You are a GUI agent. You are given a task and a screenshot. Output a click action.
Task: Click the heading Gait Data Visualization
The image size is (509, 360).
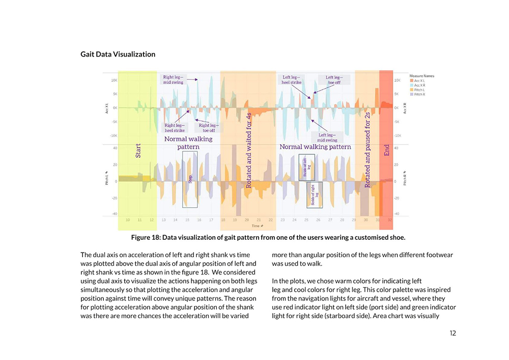click(x=118, y=54)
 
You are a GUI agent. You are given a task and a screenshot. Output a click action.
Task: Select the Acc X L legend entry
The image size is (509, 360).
click(x=419, y=80)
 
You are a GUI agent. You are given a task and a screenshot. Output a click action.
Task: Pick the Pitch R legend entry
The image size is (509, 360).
click(x=419, y=94)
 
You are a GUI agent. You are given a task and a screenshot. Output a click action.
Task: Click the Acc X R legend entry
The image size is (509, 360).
click(x=419, y=85)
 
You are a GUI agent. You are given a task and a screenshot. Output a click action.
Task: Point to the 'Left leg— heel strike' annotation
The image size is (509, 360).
click(x=292, y=79)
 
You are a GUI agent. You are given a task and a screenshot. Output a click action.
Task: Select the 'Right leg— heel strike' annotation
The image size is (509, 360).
click(x=175, y=128)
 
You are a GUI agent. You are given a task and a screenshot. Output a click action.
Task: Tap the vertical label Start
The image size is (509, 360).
click(x=138, y=150)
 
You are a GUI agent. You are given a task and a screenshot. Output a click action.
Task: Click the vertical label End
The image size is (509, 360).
click(x=386, y=151)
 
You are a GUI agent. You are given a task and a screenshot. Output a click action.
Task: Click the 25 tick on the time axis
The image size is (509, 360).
click(x=306, y=220)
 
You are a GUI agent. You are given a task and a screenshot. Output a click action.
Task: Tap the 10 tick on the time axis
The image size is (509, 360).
click(x=127, y=220)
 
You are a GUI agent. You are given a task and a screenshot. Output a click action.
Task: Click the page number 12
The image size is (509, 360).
click(x=453, y=333)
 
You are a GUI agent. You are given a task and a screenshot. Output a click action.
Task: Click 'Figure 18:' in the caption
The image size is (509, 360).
click(x=146, y=238)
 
